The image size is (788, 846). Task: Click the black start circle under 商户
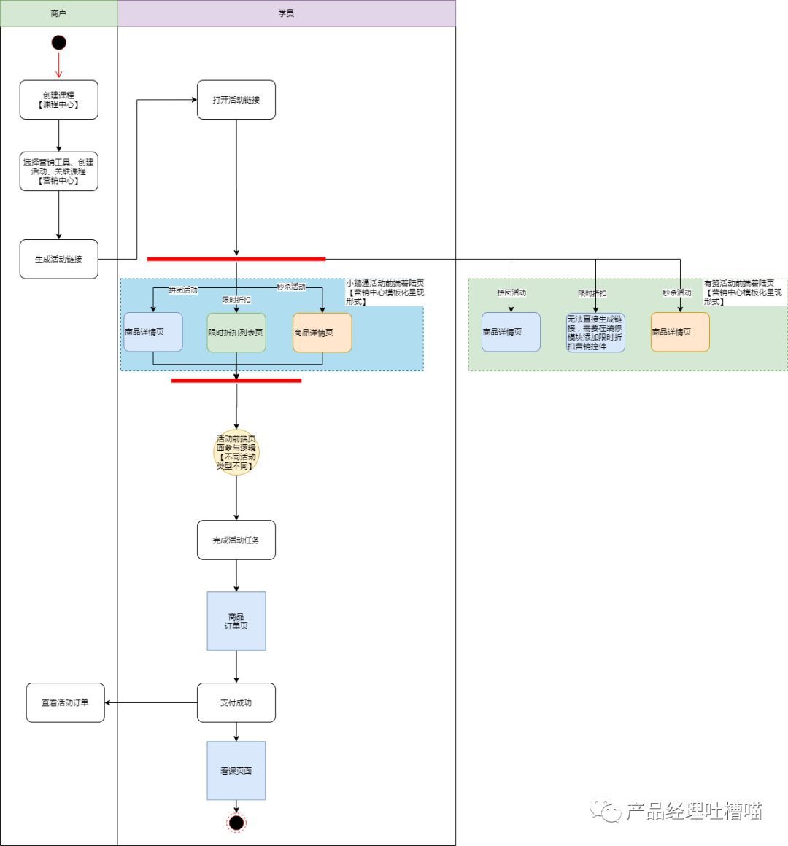click(59, 42)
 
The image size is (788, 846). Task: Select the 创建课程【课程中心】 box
click(59, 100)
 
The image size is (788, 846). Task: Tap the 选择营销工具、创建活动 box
click(59, 171)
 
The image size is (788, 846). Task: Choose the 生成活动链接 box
click(59, 259)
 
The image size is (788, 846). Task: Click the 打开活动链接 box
click(236, 100)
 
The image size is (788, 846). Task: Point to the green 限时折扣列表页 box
click(236, 333)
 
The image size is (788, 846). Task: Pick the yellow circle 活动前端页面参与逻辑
click(236, 452)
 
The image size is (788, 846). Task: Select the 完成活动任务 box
click(236, 540)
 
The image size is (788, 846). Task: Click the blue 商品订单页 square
click(236, 621)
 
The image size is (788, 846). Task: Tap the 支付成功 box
click(236, 703)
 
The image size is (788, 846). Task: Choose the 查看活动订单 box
click(66, 703)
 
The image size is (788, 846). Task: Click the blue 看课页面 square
click(236, 771)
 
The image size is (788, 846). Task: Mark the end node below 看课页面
click(236, 823)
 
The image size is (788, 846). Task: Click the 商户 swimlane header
click(58, 13)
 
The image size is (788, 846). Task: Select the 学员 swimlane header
click(287, 13)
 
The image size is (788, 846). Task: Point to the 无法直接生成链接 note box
click(595, 333)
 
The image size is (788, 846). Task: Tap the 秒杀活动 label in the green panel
click(676, 293)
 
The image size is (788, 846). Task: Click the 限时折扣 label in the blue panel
click(236, 300)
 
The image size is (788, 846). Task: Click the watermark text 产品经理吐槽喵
click(694, 811)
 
